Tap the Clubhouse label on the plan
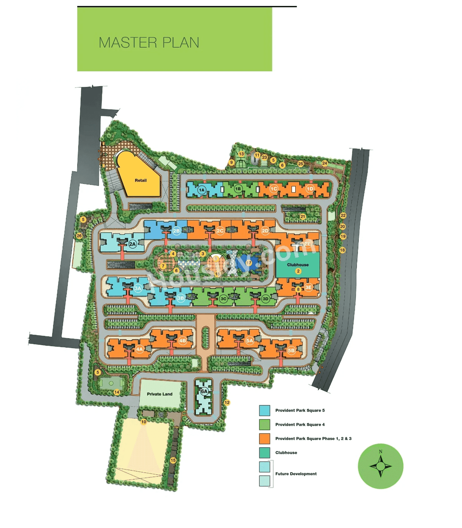pyautogui.click(x=298, y=265)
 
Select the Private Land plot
pyautogui.click(x=160, y=394)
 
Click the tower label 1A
pyautogui.click(x=201, y=190)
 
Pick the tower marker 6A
pyautogui.click(x=204, y=391)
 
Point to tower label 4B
pyautogui.click(x=183, y=340)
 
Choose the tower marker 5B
pyautogui.click(x=291, y=350)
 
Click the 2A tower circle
pyautogui.click(x=132, y=244)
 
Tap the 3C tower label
pyautogui.click(x=223, y=299)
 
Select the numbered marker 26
pyautogui.click(x=79, y=236)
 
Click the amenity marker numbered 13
pyautogui.click(x=241, y=154)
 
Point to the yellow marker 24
pyautogui.click(x=324, y=163)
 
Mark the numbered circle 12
pyautogui.click(x=227, y=402)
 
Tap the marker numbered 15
pyautogui.click(x=173, y=460)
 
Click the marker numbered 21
pyautogui.click(x=302, y=217)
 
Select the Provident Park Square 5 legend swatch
pyautogui.click(x=265, y=410)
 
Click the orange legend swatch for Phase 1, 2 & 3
pyautogui.click(x=265, y=439)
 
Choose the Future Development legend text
pyautogui.click(x=296, y=474)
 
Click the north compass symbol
pyautogui.click(x=380, y=466)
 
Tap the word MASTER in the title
pyautogui.click(x=128, y=43)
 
